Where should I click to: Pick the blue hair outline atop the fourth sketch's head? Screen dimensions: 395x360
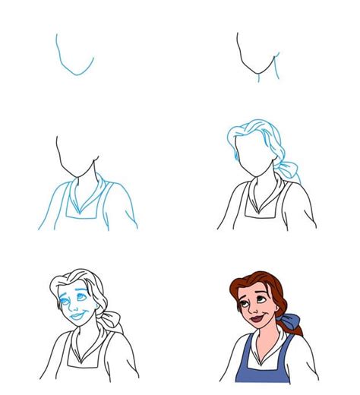tap(251, 128)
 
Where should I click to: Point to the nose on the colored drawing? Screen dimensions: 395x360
tap(257, 308)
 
